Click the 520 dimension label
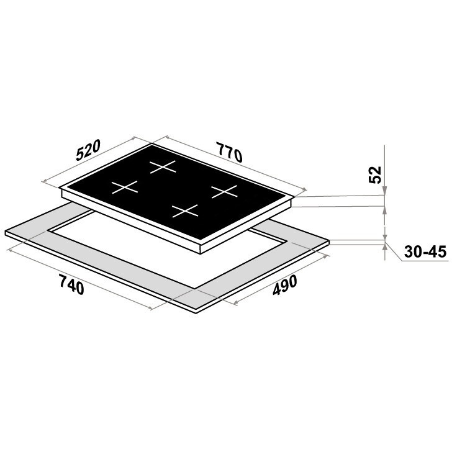click(88, 150)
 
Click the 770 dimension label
click(229, 152)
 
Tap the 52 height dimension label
click(375, 174)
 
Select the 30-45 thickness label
click(425, 251)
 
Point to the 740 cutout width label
click(71, 284)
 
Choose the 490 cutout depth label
click(284, 286)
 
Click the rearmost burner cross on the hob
click(163, 167)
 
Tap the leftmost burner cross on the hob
click(125, 187)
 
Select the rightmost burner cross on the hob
click(224, 191)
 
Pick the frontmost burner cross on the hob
click(185, 211)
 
